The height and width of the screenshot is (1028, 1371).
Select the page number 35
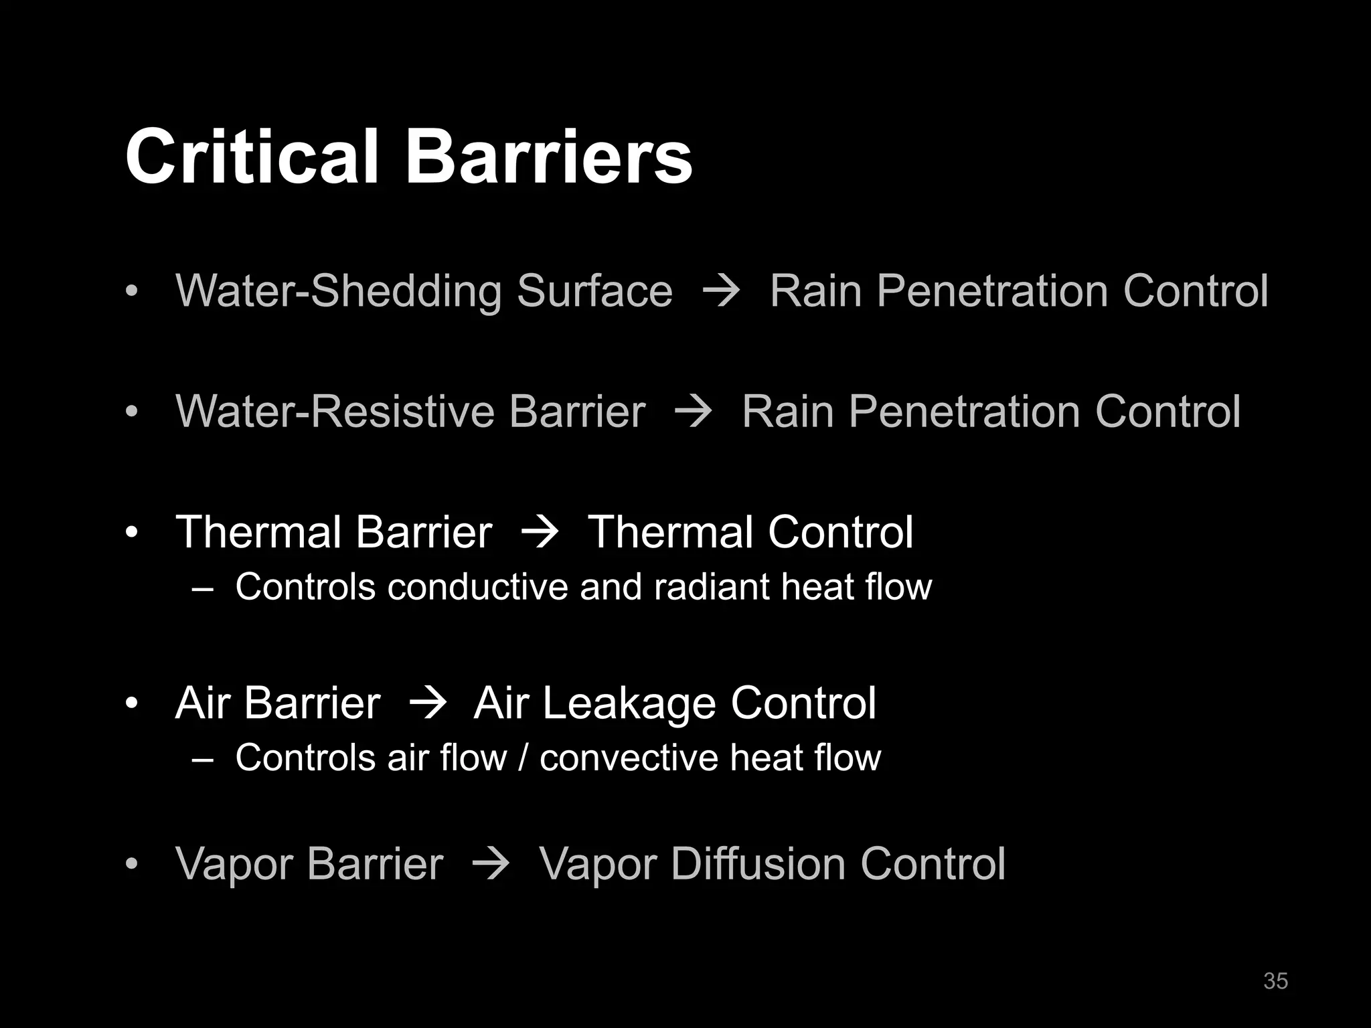1275,980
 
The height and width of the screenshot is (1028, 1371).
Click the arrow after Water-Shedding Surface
721,291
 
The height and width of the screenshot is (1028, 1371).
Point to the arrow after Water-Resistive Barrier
694,411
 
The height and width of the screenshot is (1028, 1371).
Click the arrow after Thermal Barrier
540,533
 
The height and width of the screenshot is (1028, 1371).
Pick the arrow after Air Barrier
427,703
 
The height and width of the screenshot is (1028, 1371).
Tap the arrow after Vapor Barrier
491,864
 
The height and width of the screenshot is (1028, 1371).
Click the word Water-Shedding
339,292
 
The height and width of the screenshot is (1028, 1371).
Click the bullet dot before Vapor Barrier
132,864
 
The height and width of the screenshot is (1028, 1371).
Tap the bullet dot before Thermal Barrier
132,533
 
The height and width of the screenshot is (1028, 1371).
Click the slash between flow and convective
523,758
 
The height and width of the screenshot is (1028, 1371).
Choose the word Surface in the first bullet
594,292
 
